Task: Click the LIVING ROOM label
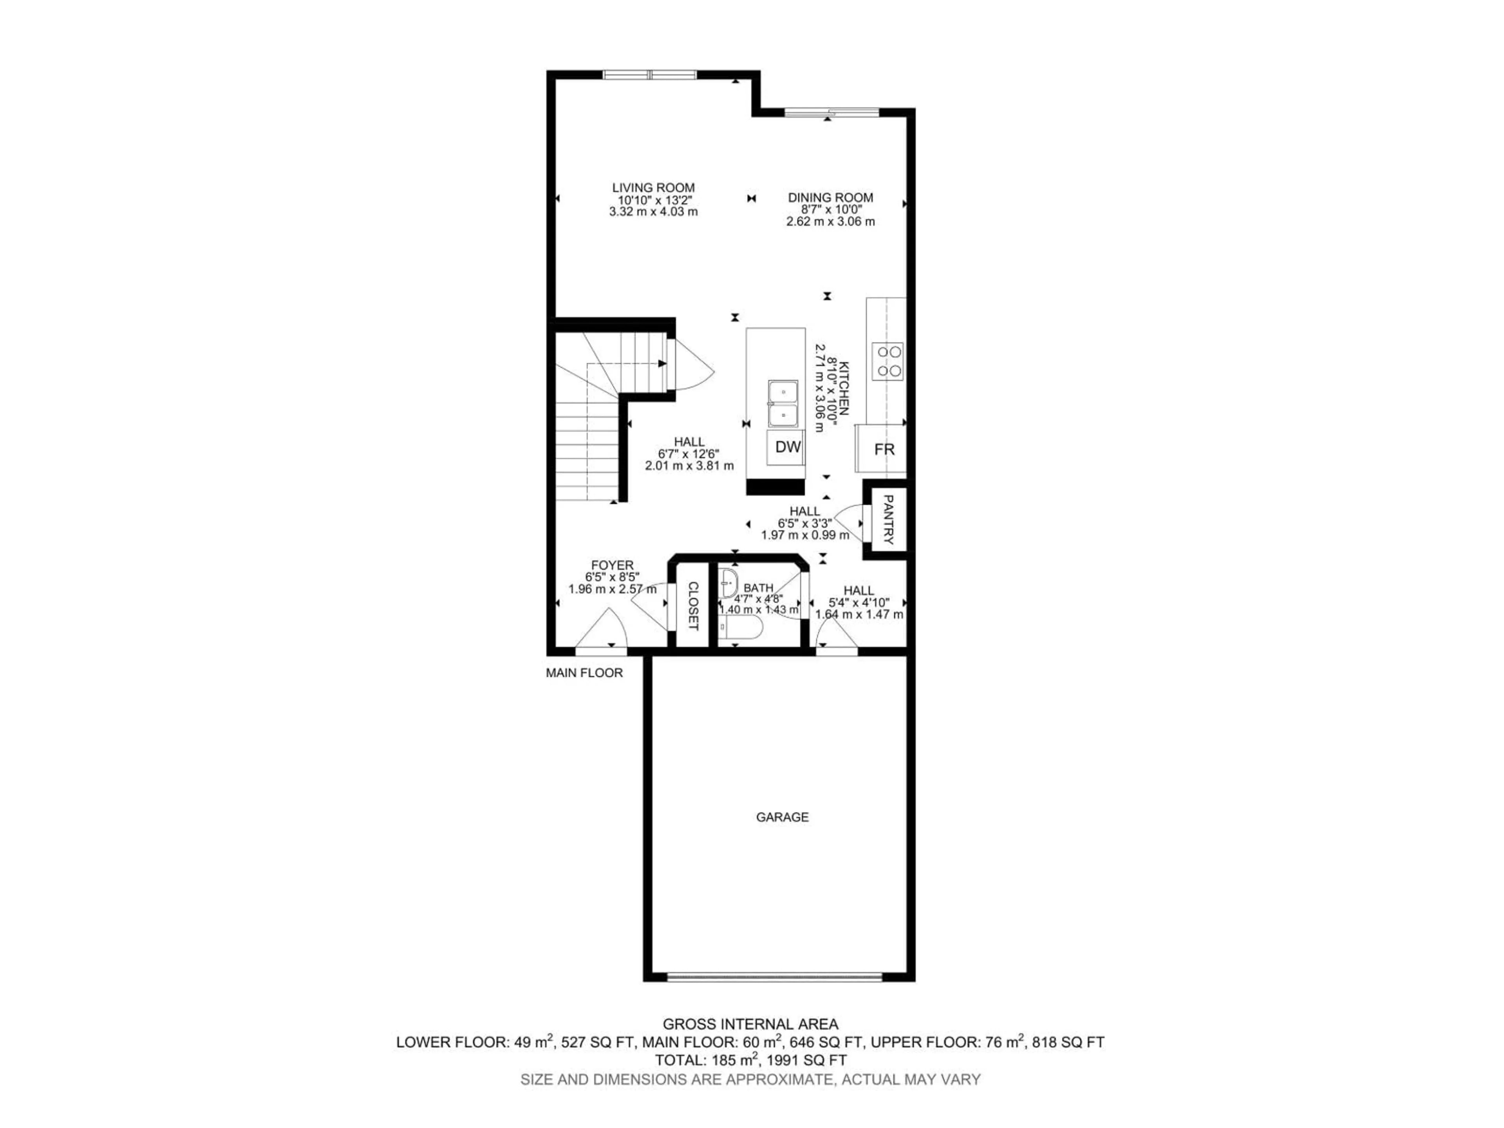[653, 188]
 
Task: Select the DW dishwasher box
[787, 447]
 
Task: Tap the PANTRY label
[888, 519]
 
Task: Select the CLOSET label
[693, 605]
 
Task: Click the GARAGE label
[782, 817]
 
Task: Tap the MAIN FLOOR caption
[584, 673]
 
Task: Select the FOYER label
[612, 565]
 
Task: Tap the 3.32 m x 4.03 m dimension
[653, 211]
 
